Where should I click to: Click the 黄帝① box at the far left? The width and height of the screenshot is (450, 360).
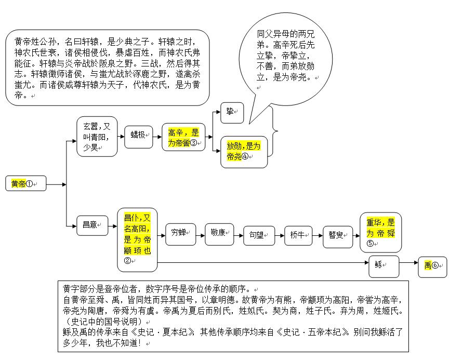(x=25, y=184)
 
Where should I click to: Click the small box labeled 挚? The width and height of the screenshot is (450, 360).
(x=232, y=113)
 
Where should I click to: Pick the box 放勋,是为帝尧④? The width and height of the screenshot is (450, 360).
(x=244, y=151)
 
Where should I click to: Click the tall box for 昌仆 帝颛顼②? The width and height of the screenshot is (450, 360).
(x=137, y=239)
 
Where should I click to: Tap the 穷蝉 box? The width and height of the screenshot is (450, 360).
(x=180, y=234)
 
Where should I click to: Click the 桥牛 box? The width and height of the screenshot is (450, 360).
(x=298, y=236)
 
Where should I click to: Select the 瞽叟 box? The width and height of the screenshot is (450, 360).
(x=338, y=236)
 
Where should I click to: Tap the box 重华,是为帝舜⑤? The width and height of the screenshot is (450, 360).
(x=380, y=232)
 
